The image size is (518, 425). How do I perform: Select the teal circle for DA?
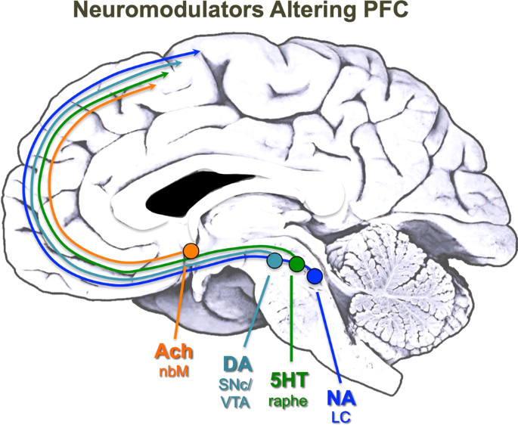275,260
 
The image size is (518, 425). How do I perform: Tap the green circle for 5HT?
296,265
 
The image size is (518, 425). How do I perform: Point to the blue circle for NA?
315,277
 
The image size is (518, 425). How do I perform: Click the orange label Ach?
174,352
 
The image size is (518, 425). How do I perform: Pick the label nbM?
174,371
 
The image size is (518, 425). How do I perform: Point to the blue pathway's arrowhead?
197,51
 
